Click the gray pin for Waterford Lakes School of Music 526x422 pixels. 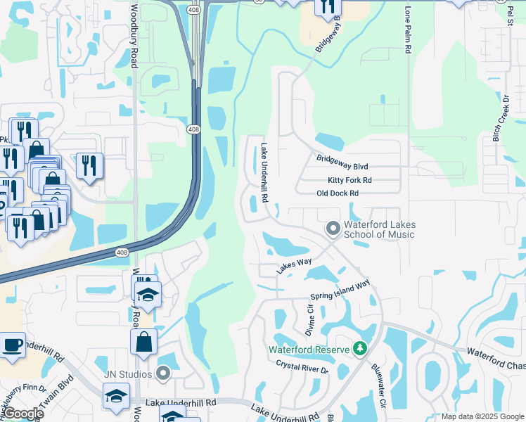click(x=333, y=229)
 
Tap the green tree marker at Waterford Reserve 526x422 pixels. click(x=360, y=349)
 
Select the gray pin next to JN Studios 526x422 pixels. click(x=164, y=373)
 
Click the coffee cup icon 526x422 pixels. click(x=12, y=345)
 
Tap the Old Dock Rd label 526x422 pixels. click(x=338, y=193)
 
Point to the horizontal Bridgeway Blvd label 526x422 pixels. click(x=342, y=167)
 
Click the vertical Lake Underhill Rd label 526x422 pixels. click(x=264, y=173)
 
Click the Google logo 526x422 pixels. click(x=24, y=414)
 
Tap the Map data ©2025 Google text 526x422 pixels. click(x=481, y=416)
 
